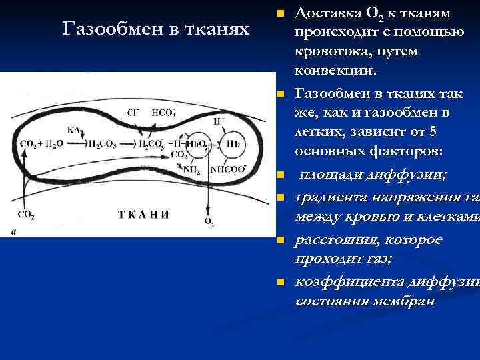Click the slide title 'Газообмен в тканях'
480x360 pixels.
pos(155,29)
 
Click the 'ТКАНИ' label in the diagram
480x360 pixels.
pos(143,214)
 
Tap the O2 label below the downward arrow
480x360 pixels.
pos(209,222)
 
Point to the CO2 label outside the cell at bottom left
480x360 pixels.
pos(25,215)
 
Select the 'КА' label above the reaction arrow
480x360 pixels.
pos(73,129)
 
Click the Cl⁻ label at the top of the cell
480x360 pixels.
pos(133,113)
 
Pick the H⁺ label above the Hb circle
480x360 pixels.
pos(219,121)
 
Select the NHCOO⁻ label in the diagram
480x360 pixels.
pos(229,169)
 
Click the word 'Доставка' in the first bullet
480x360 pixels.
pos(324,13)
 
